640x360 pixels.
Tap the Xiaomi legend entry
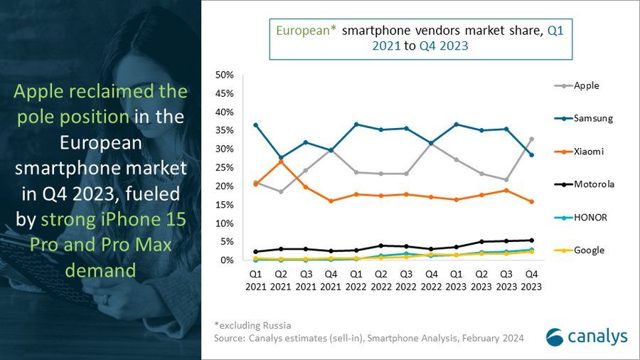pyautogui.click(x=580, y=152)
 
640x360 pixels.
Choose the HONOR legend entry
pyautogui.click(x=580, y=217)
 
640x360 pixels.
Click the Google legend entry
pyautogui.click(x=580, y=250)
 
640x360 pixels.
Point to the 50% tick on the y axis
pyautogui.click(x=225, y=75)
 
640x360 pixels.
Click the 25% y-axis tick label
pyautogui.click(x=225, y=168)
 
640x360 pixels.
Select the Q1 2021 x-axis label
pyautogui.click(x=255, y=280)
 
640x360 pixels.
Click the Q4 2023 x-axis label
pyautogui.click(x=530, y=280)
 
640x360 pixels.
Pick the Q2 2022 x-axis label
pyautogui.click(x=380, y=280)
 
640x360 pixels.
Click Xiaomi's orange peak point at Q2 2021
pyautogui.click(x=281, y=162)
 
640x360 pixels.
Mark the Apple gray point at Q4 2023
pyautogui.click(x=531, y=139)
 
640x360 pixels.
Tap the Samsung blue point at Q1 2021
pyautogui.click(x=255, y=125)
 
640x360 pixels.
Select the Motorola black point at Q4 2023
pyautogui.click(x=531, y=240)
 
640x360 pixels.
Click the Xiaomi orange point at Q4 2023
pyautogui.click(x=531, y=201)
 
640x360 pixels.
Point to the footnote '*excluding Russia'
pyautogui.click(x=252, y=326)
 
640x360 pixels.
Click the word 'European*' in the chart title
pyautogui.click(x=306, y=31)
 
